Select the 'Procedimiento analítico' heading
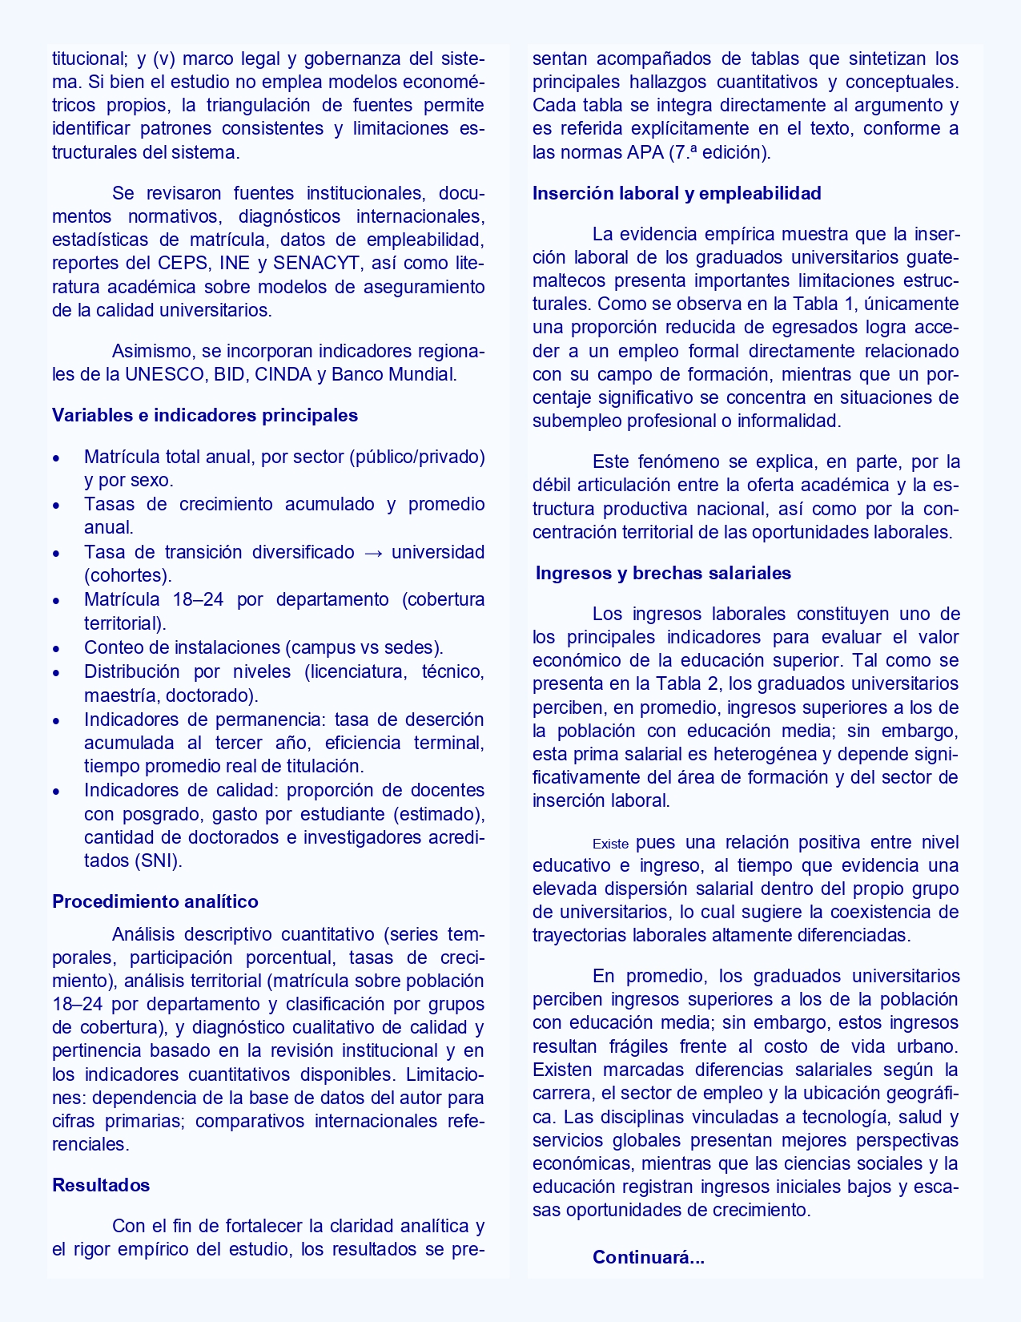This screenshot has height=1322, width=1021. tap(155, 901)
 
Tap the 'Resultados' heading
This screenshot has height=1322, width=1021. tap(101, 1185)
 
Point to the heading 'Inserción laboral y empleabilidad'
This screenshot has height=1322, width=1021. tap(677, 193)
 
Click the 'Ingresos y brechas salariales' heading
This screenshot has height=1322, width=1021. tap(663, 573)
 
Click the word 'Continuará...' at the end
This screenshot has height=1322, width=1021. tap(648, 1257)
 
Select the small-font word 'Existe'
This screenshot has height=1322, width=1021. tap(610, 844)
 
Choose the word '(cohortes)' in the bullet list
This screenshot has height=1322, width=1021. tap(128, 575)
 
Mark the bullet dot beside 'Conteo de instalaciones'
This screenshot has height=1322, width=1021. tap(56, 648)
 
